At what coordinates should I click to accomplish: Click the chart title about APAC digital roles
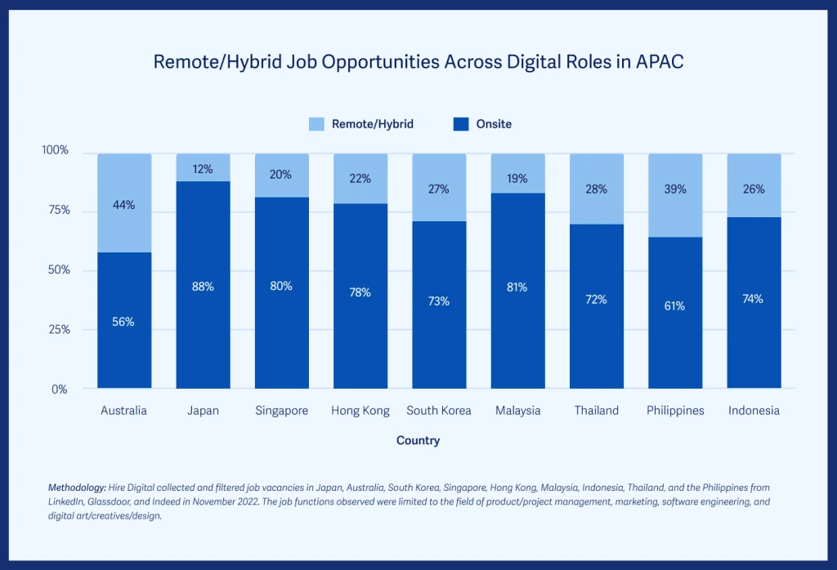tap(418, 62)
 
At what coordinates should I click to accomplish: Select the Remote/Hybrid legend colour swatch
tap(316, 124)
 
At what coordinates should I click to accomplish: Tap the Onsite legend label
tap(494, 124)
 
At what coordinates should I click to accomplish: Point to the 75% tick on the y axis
tap(56, 211)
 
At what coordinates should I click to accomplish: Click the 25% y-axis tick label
tap(56, 330)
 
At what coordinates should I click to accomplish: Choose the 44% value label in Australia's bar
tap(124, 205)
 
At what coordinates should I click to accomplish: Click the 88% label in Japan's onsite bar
tap(203, 287)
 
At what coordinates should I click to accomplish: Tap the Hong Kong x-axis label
tap(360, 411)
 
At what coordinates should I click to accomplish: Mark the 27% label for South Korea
tap(439, 189)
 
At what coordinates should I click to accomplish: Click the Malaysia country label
tap(518, 411)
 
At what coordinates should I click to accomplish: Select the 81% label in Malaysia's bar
tap(517, 287)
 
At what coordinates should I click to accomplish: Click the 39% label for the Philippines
tap(675, 189)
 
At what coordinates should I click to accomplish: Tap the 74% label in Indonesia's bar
tap(753, 299)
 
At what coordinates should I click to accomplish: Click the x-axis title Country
tap(418, 441)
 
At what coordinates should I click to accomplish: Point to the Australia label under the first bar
tap(124, 411)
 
